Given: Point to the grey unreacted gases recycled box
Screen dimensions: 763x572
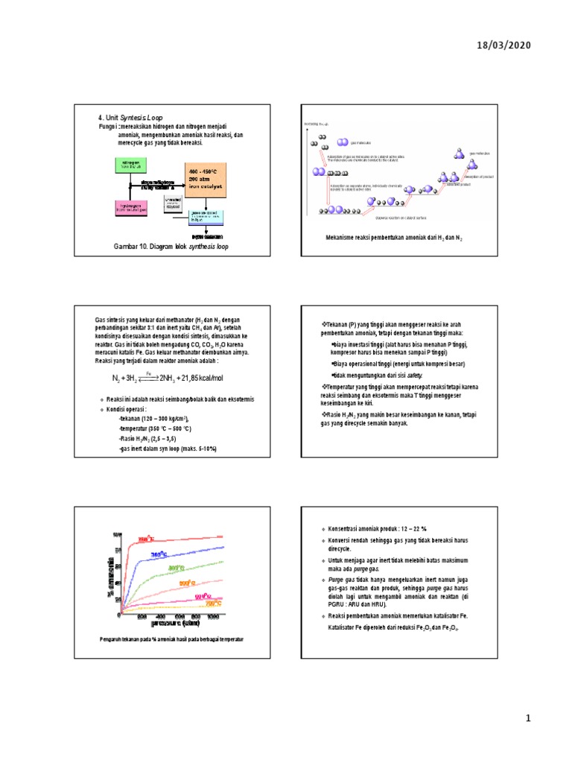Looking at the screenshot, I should click(x=172, y=202).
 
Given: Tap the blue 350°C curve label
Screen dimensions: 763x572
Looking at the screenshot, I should click(x=163, y=554).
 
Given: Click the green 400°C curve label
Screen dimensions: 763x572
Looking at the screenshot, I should click(x=177, y=569).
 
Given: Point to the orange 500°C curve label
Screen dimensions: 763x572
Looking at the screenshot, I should click(x=187, y=583).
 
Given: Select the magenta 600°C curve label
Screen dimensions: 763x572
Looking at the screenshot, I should click(x=203, y=596).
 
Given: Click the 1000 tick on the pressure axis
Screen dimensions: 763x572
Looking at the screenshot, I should click(x=214, y=617).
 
